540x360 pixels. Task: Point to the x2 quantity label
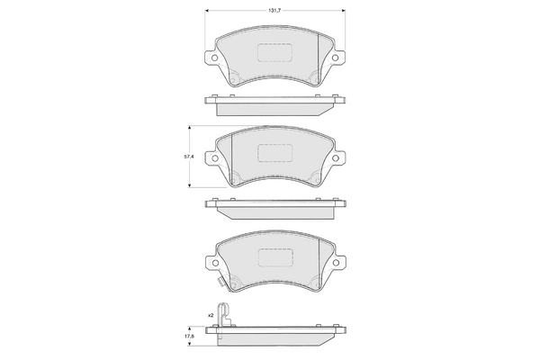[210, 316]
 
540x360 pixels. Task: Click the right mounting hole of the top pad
[336, 59]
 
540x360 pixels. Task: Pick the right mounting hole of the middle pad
[336, 159]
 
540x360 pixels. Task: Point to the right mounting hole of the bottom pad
[336, 260]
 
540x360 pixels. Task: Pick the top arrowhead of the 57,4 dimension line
[189, 125]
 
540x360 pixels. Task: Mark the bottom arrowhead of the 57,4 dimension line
[189, 187]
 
